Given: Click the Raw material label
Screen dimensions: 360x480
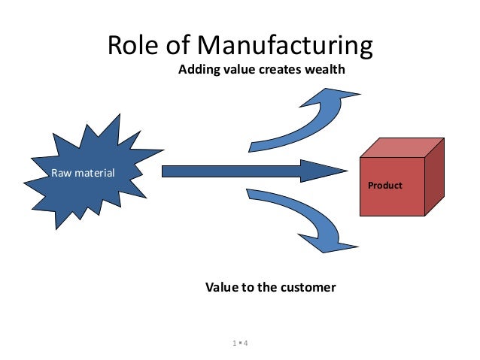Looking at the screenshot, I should click(x=83, y=174).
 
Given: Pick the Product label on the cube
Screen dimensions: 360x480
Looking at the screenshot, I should click(x=384, y=185).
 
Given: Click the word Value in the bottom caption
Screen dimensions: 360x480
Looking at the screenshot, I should click(x=223, y=287).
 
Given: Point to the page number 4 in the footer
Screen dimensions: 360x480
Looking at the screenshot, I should click(x=246, y=343).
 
